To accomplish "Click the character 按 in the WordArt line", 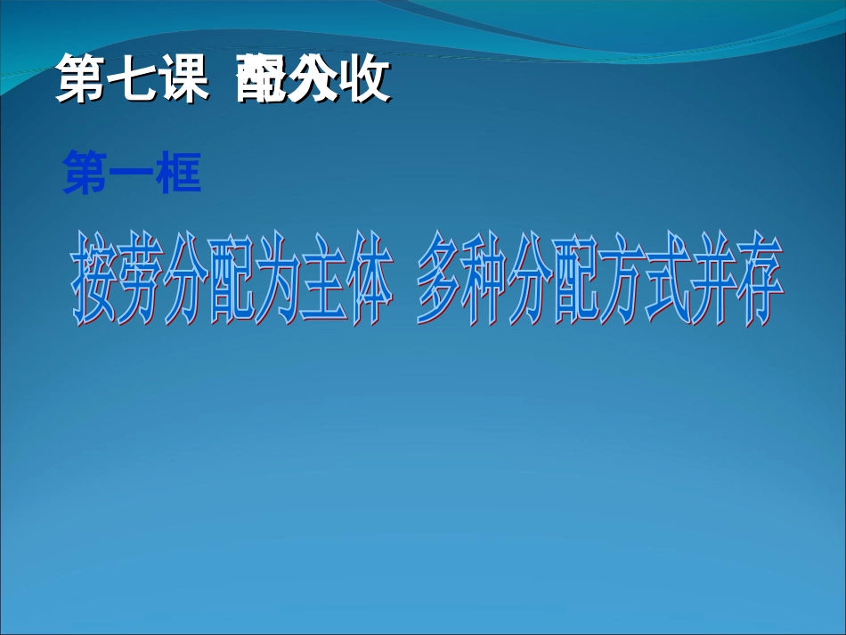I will tap(95, 280).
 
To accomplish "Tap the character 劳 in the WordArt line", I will tap(144, 280).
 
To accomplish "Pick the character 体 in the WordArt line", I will tap(368, 280).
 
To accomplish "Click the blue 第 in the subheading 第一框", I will tap(85, 172).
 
